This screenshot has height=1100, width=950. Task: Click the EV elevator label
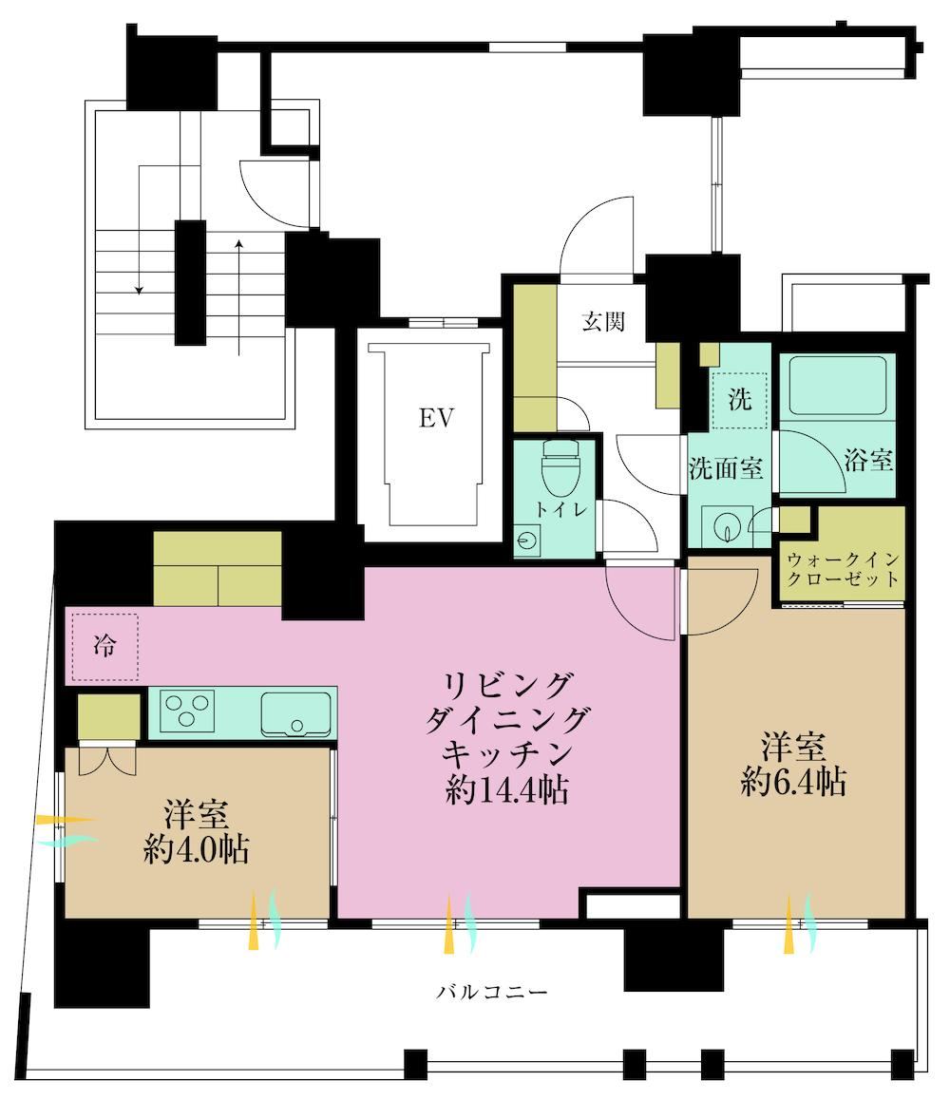click(436, 418)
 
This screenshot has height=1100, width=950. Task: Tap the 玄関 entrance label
click(603, 322)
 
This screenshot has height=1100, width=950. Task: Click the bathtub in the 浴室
click(837, 386)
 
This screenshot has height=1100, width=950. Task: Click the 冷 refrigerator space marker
click(105, 645)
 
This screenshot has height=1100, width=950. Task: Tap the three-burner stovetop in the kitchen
click(187, 710)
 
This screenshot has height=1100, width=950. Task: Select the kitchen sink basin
click(296, 713)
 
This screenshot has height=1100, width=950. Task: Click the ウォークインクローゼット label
click(843, 569)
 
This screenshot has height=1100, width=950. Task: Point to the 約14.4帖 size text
click(506, 790)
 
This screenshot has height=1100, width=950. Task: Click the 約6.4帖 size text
click(793, 781)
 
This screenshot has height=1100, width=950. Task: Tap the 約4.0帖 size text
click(197, 849)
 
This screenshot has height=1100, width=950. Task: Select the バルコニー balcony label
click(492, 992)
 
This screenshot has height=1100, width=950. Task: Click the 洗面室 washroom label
click(726, 468)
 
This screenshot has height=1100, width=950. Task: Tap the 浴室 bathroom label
click(868, 460)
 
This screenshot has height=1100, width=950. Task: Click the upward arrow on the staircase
click(239, 297)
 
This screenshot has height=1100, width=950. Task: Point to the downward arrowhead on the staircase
click(140, 290)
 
